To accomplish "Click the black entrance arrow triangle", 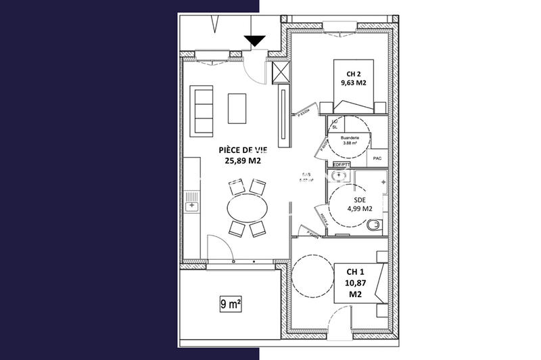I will coord(256,41).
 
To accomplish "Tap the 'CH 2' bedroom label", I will coord(354,74).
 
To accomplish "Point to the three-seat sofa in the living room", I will coord(202,109).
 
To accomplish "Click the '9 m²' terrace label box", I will coord(231,304).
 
